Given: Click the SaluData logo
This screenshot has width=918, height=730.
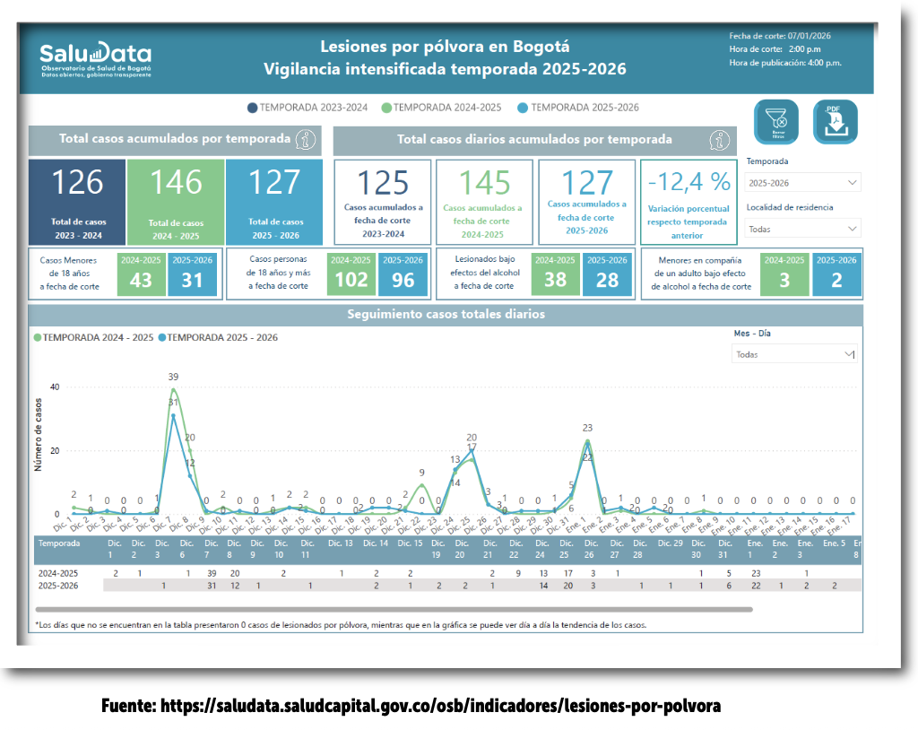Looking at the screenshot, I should pyautogui.click(x=96, y=59).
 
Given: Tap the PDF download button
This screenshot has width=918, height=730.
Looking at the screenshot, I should pyautogui.click(x=835, y=122).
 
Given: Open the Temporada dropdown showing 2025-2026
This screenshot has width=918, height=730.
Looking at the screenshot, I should pyautogui.click(x=802, y=182).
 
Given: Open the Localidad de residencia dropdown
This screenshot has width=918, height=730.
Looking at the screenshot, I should pyautogui.click(x=802, y=229).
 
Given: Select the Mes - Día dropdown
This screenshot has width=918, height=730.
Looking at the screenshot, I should pyautogui.click(x=794, y=354).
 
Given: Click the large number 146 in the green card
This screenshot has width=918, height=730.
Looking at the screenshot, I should pyautogui.click(x=176, y=183).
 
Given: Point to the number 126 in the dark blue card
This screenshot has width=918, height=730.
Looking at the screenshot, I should pyautogui.click(x=77, y=183).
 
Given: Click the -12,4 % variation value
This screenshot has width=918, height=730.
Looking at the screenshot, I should pyautogui.click(x=688, y=182).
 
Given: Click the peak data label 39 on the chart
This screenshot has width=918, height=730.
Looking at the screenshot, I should pyautogui.click(x=173, y=377).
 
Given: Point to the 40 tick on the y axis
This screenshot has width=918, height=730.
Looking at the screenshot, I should pyautogui.click(x=55, y=387).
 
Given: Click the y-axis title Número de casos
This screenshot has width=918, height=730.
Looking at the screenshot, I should pyautogui.click(x=39, y=435).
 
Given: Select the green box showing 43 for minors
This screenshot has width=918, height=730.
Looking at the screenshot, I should pyautogui.click(x=142, y=274).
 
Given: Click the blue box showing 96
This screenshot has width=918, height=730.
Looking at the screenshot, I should pyautogui.click(x=403, y=274).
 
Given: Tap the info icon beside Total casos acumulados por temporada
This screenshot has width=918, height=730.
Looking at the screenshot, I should pyautogui.click(x=307, y=140).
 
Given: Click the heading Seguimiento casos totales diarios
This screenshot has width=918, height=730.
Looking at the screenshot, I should pyautogui.click(x=446, y=315).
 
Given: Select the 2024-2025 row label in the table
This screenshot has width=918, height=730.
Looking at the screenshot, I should pyautogui.click(x=56, y=572).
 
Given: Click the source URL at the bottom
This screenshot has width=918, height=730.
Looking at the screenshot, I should pyautogui.click(x=411, y=706).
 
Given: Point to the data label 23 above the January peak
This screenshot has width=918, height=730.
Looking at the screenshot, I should pyautogui.click(x=587, y=429).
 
